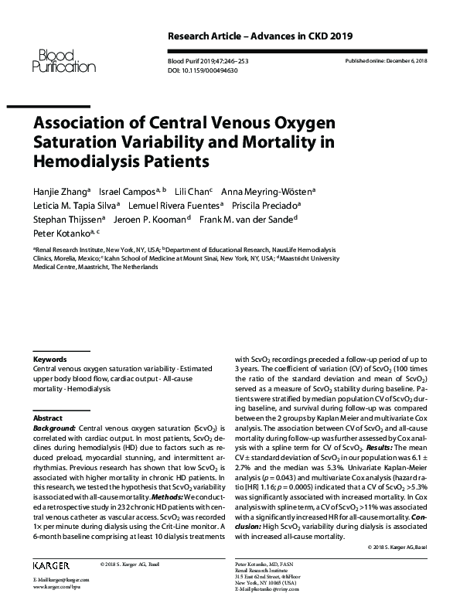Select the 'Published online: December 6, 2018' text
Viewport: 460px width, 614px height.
pos(390,60)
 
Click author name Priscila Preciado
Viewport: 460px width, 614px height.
pos(270,205)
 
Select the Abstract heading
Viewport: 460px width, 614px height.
pos(49,416)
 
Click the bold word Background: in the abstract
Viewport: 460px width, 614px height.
pos(55,427)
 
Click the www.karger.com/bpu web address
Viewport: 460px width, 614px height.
pos(56,588)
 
